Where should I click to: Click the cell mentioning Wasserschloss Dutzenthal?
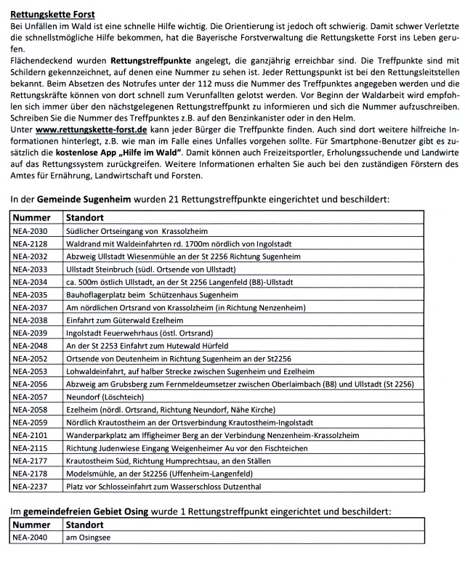pyautogui.click(x=175, y=487)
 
